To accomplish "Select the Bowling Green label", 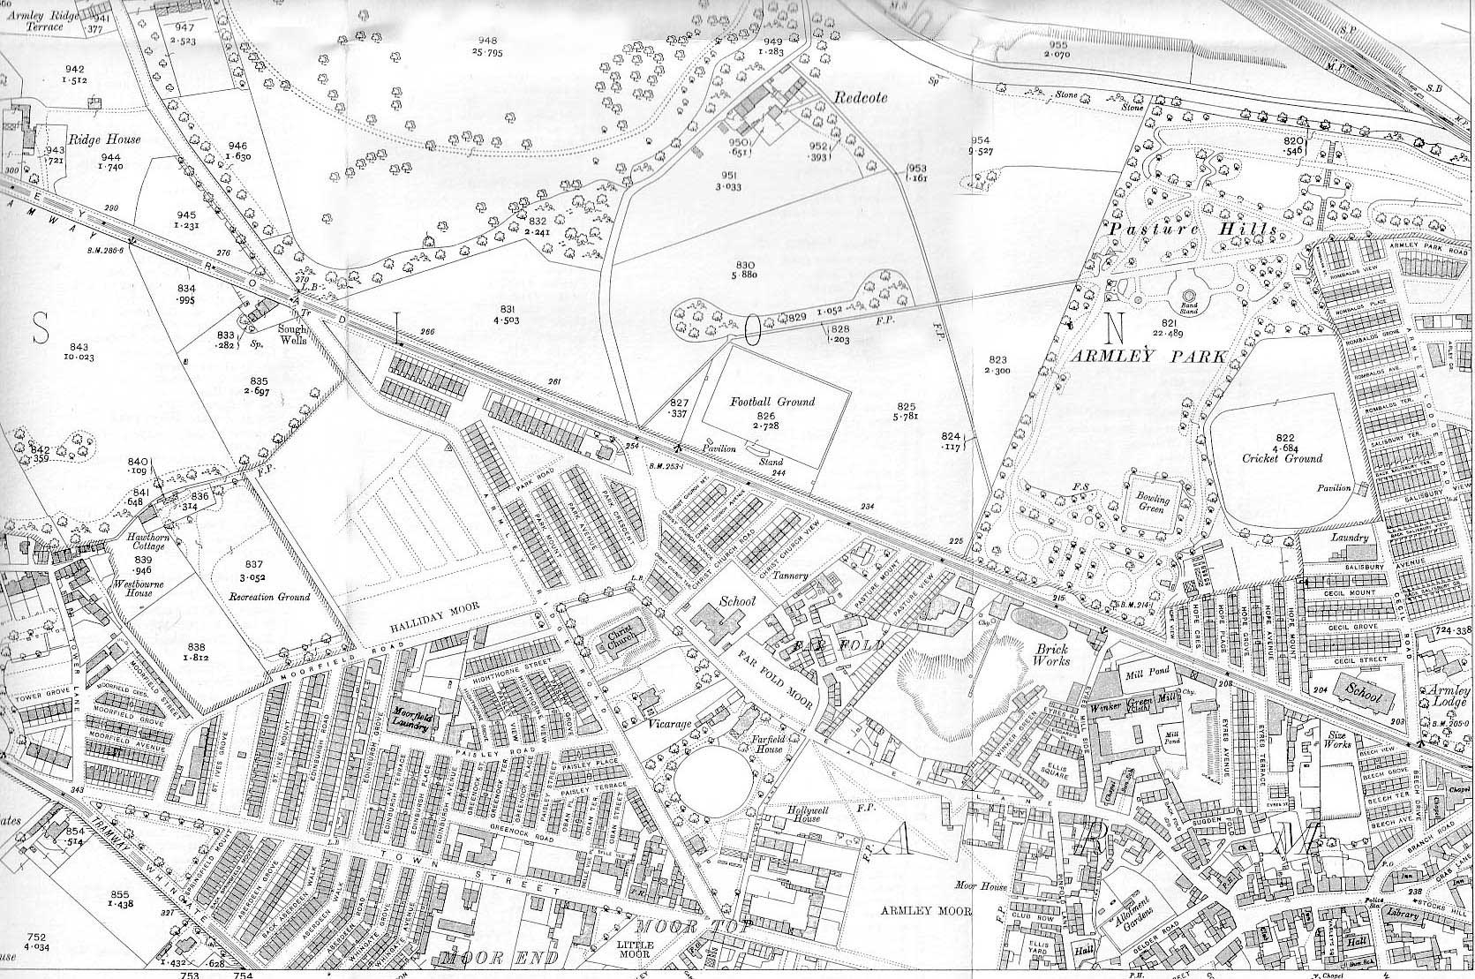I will click(1152, 505).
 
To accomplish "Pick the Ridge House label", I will click(109, 139).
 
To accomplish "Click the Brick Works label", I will click(1051, 654).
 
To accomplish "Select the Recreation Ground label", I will click(269, 597).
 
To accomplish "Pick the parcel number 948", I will click(487, 41).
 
